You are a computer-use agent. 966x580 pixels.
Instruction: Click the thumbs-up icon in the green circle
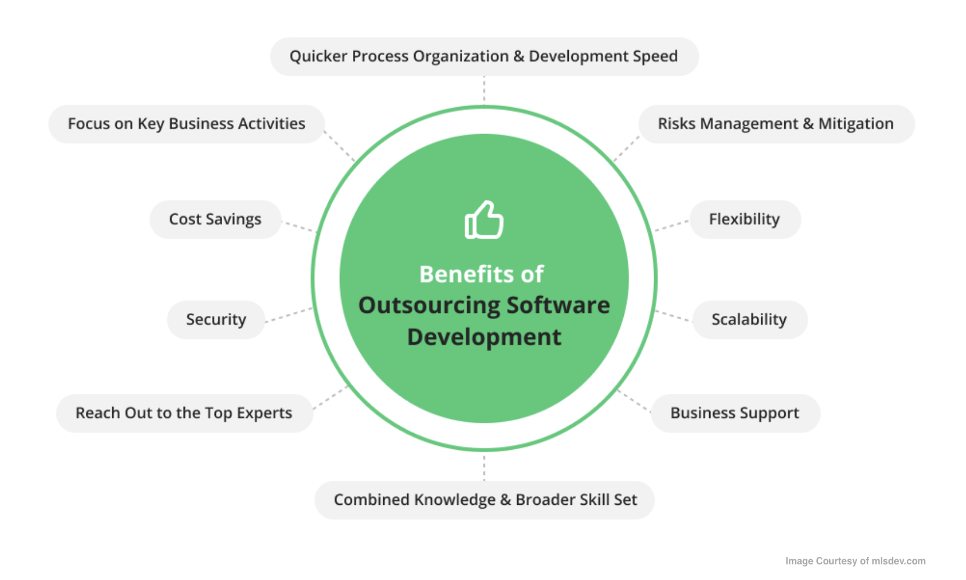484,220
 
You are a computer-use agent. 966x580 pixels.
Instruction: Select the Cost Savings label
215,219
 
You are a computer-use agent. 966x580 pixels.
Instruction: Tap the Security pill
216,320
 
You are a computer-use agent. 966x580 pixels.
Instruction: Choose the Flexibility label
744,219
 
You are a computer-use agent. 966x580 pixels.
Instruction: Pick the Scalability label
749,320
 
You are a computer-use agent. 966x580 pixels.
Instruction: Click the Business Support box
735,413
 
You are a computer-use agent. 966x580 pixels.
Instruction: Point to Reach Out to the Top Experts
184,413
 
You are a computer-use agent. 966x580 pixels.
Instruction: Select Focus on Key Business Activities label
186,124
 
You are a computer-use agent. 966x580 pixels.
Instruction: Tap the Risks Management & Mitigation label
776,124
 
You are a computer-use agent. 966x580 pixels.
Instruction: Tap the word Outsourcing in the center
429,306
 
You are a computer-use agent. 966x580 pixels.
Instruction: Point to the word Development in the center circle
484,337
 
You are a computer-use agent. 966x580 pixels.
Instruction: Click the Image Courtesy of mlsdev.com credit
855,561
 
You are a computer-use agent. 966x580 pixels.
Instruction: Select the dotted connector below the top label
484,90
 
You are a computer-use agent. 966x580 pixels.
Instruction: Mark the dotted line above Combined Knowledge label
484,467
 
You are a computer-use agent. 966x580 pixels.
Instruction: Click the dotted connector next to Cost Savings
299,227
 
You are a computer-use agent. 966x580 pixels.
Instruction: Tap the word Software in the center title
558,306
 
